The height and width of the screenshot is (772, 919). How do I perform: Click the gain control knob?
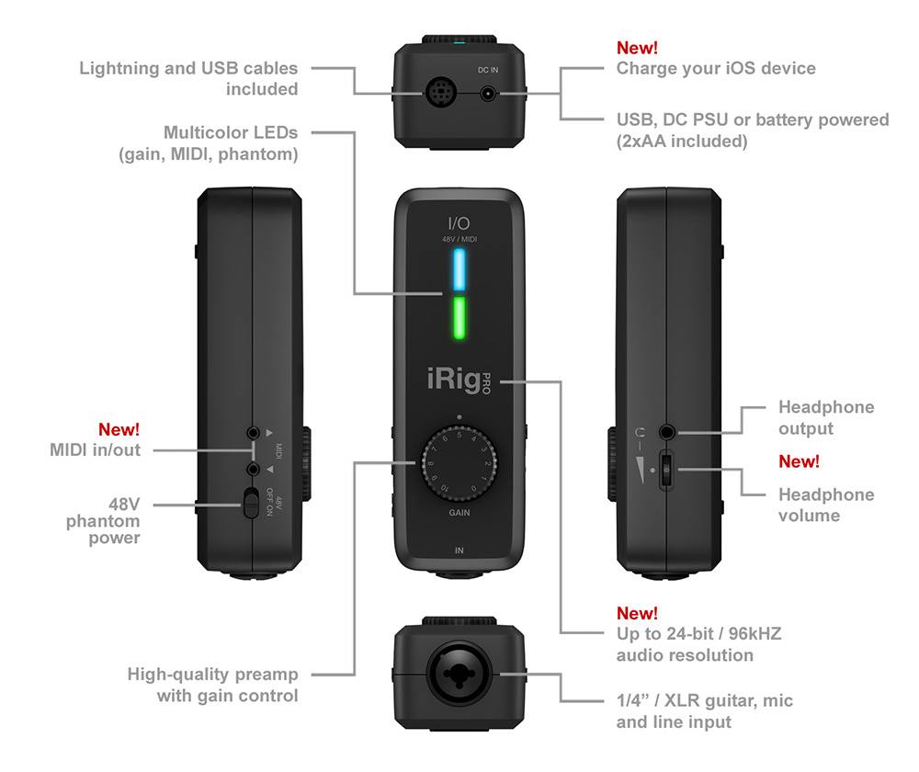coord(459,465)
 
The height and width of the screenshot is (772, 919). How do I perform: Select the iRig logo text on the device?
coord(454,379)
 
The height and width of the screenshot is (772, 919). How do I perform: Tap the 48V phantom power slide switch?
coord(250,503)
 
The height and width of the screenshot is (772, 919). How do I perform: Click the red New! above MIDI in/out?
coord(119,429)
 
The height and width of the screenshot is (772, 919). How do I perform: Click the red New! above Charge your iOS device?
coord(637,47)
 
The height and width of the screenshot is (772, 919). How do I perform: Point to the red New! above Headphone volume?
coord(799,461)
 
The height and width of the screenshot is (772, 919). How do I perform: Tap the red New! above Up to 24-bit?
coord(637,613)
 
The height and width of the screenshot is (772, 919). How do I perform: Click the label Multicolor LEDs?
coord(231,134)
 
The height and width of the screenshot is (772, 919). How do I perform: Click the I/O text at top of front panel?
coord(459,222)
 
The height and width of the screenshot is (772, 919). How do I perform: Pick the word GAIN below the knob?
coord(459,513)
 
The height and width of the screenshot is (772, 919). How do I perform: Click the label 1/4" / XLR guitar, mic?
coord(705,701)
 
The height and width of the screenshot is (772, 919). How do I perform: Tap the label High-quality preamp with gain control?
coord(212,686)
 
